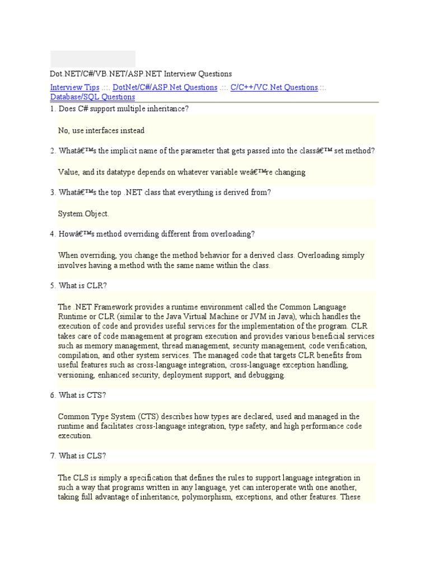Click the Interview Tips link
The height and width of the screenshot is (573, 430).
75,87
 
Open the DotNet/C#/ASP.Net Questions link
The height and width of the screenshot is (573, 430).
165,87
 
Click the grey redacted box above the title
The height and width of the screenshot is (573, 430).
93,59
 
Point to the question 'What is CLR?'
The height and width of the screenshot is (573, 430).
82,285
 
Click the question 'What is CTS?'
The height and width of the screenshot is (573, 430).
82,395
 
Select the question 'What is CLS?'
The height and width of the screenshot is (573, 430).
82,456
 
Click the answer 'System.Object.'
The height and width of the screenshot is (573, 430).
84,214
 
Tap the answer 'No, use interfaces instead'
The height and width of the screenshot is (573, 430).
101,130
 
